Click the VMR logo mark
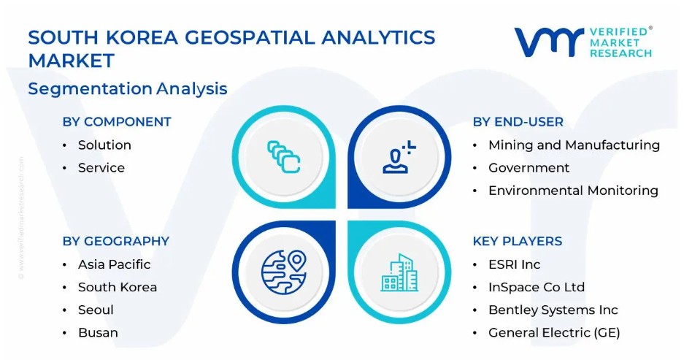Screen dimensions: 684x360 549,42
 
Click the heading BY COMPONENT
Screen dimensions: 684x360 117,122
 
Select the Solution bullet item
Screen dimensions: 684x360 104,145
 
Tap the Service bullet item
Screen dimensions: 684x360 101,167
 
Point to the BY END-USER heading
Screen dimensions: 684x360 518,122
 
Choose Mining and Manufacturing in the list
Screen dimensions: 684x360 574,145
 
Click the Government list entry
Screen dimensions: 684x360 529,167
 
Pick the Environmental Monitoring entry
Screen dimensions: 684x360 573,191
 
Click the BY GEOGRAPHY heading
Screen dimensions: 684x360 116,241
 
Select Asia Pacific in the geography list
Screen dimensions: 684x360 115,264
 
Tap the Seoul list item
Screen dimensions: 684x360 96,310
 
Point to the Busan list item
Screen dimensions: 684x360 98,332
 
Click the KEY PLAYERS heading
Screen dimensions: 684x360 518,241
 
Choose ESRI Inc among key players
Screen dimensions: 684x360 515,264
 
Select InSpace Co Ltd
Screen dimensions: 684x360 537,287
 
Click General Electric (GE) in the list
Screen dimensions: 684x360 554,332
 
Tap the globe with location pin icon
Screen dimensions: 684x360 283,272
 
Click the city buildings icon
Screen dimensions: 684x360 399,272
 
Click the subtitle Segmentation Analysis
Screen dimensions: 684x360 128,88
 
